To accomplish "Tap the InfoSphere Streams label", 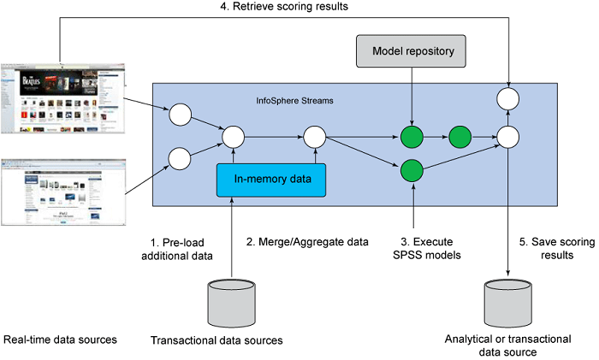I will tap(295, 100).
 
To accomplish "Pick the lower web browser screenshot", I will tap(64, 190).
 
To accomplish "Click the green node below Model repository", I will tap(412, 135).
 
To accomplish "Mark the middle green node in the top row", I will tap(460, 135).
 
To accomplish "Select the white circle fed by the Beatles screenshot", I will tap(181, 112).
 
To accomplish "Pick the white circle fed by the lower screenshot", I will tap(181, 157).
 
